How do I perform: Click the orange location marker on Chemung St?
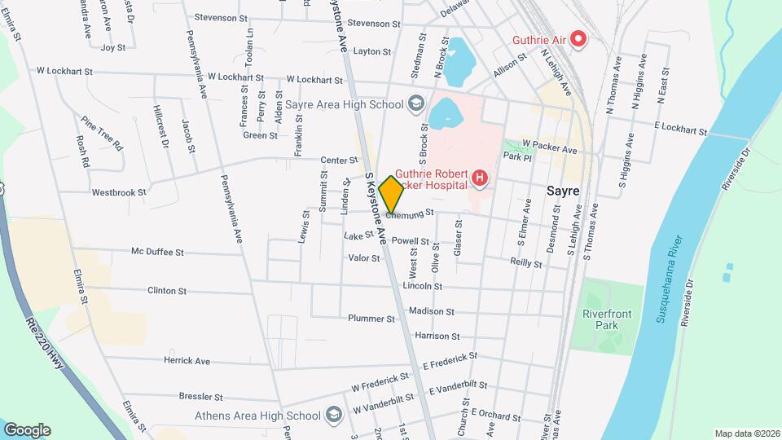click(x=392, y=194)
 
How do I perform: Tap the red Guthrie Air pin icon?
click(x=578, y=38)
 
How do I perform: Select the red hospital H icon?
click(x=480, y=178)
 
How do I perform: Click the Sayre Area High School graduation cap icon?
click(x=416, y=103)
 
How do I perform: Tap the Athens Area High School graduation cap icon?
click(x=333, y=416)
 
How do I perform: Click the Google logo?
click(x=27, y=429)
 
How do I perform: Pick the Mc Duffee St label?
click(x=158, y=252)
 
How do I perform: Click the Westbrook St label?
click(x=119, y=193)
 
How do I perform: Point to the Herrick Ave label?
click(x=187, y=360)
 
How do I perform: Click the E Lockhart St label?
click(x=681, y=129)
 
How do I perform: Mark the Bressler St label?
click(x=200, y=397)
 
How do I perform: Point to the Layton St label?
click(x=373, y=51)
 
